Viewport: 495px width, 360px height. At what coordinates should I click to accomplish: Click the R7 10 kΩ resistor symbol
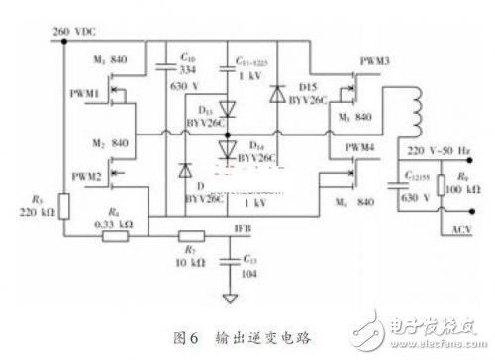pyautogui.click(x=191, y=236)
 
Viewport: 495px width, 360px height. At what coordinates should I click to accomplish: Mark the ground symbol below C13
pyautogui.click(x=230, y=295)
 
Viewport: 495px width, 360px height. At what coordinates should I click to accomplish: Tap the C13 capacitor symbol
pyautogui.click(x=230, y=259)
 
